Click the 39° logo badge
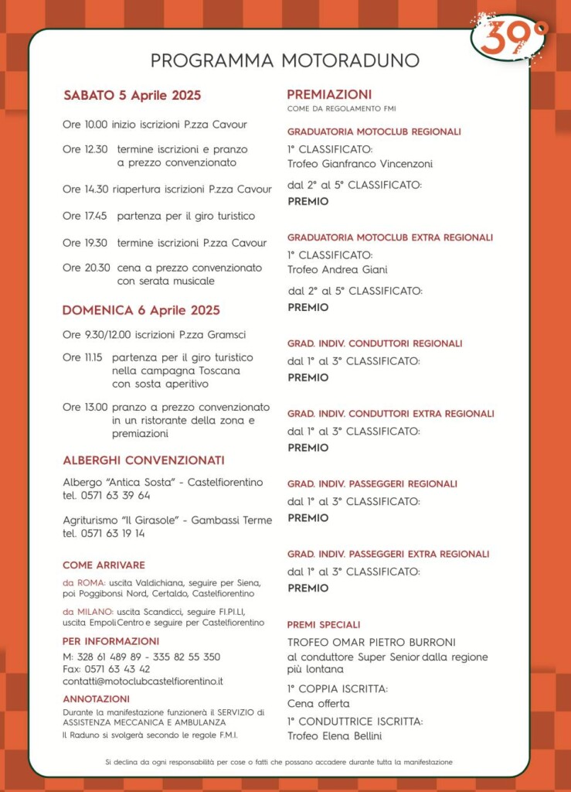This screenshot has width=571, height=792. (x=508, y=37)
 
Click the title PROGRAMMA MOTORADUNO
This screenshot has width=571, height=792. (x=285, y=60)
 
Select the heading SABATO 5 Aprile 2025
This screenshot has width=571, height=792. (x=132, y=96)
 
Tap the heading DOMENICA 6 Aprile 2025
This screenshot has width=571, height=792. (x=141, y=310)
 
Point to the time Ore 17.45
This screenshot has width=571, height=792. (x=85, y=216)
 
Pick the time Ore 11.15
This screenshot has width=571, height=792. (x=82, y=357)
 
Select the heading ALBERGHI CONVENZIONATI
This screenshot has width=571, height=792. (x=144, y=460)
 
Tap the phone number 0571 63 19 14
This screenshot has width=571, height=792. (x=112, y=533)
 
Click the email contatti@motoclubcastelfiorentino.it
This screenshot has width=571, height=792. (x=143, y=681)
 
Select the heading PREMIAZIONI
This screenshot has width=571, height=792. (x=329, y=94)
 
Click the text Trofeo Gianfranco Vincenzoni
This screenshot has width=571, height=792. (x=360, y=164)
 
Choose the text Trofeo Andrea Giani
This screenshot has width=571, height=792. (x=338, y=270)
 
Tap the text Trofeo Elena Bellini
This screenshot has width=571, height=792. (x=335, y=736)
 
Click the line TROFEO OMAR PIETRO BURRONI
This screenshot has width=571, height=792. (x=372, y=642)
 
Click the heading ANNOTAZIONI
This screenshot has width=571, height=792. (x=96, y=698)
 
